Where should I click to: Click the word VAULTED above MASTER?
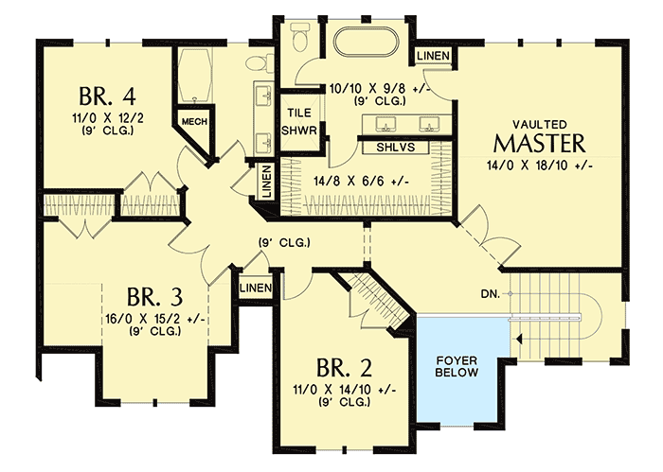540,124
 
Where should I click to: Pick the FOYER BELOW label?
457,366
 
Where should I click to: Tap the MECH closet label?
194,122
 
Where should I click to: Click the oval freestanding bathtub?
368,44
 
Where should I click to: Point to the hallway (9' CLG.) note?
285,244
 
